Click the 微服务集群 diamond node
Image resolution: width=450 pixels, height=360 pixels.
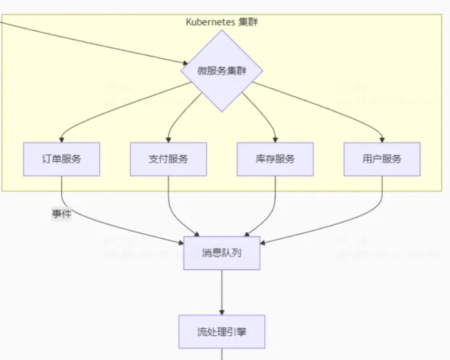(x=221, y=71)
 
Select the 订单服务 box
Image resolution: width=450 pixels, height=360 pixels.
(x=61, y=159)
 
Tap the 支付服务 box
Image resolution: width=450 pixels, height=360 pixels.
(x=169, y=159)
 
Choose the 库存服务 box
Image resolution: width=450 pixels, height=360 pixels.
(x=275, y=159)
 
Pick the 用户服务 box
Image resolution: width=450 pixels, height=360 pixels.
(x=382, y=159)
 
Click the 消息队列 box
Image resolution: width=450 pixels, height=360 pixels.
(x=221, y=253)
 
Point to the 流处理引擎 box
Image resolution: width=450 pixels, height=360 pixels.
(x=221, y=332)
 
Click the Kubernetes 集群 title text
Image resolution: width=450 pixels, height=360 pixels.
(x=221, y=22)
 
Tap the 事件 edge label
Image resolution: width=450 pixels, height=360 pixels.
(x=61, y=213)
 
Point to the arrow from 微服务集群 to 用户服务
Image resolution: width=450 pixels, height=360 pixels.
(x=330, y=106)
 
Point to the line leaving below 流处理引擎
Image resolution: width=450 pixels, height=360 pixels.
(x=221, y=355)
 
